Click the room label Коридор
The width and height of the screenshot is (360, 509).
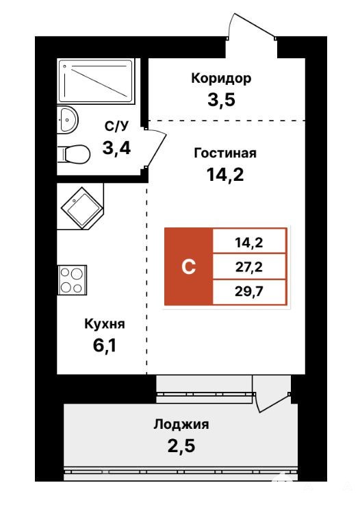pyautogui.click(x=221, y=79)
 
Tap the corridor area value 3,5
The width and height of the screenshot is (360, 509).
pyautogui.click(x=221, y=99)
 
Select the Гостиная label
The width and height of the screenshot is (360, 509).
pyautogui.click(x=225, y=153)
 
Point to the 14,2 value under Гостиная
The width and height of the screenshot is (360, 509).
pyautogui.click(x=225, y=175)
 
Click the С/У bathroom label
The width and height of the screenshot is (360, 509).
pyautogui.click(x=117, y=126)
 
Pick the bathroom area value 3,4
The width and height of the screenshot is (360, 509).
pyautogui.click(x=116, y=148)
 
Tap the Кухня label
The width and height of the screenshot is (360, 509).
pyautogui.click(x=105, y=324)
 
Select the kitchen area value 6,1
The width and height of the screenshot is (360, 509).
pyautogui.click(x=105, y=345)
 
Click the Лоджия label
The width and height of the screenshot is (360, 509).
pyautogui.click(x=181, y=424)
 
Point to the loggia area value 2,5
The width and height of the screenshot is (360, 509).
pyautogui.click(x=181, y=446)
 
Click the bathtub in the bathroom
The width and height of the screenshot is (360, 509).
pyautogui.click(x=96, y=82)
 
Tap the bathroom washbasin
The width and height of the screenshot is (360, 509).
pyautogui.click(x=68, y=119)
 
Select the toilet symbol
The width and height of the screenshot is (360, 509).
pyautogui.click(x=74, y=154)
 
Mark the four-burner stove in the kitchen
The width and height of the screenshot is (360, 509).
pyautogui.click(x=72, y=280)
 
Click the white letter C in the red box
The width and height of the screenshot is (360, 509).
pyautogui.click(x=188, y=267)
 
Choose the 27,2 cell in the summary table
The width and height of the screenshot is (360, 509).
pyautogui.click(x=249, y=267)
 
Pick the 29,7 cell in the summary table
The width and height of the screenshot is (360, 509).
pyautogui.click(x=249, y=292)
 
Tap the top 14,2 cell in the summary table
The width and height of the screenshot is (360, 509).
pyautogui.click(x=249, y=242)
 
